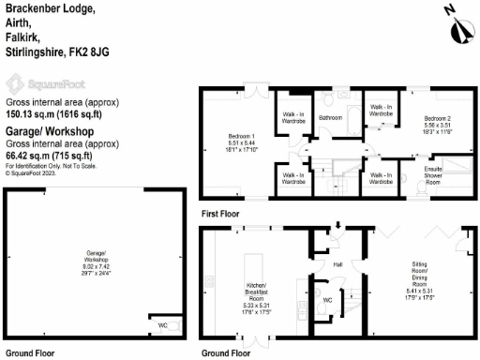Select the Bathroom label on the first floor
pos(330,117)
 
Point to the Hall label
pos(338,264)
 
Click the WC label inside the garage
pos(163,324)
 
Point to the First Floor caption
pos(220,214)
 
